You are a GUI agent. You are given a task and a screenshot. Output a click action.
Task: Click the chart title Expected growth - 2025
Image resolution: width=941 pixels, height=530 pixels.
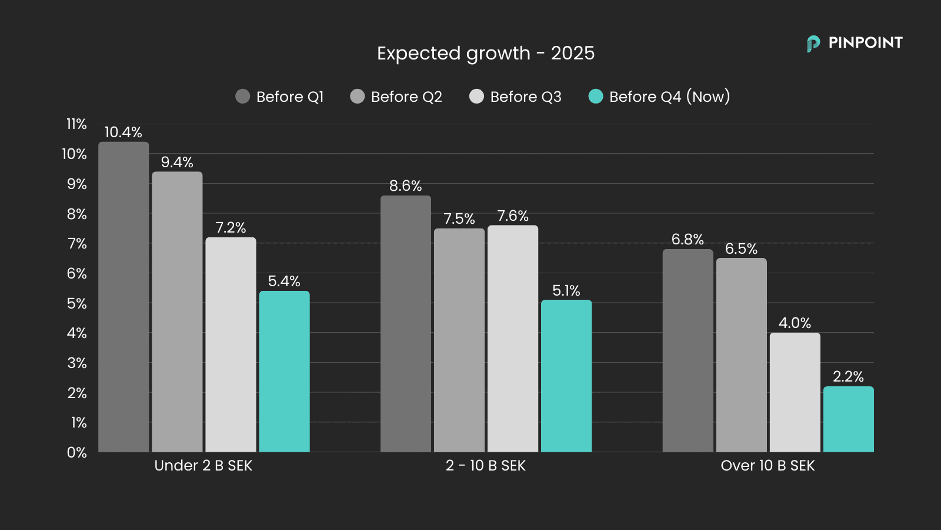486,53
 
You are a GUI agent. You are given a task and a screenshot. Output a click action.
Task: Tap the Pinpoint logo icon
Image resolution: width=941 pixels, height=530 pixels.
813,44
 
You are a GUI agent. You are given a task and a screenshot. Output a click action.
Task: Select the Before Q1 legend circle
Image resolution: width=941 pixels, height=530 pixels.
243,97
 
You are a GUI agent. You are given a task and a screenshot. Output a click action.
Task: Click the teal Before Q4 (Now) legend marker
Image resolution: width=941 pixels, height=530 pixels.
596,97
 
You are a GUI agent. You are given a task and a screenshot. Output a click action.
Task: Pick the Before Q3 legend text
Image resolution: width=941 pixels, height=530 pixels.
526,97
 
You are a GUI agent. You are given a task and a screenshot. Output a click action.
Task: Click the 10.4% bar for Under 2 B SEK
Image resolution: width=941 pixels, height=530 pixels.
124,297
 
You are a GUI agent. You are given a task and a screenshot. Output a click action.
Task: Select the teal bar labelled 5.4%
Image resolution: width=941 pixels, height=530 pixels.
284,372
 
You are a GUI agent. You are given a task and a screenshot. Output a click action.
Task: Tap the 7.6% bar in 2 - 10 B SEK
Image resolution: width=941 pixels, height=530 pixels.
513,339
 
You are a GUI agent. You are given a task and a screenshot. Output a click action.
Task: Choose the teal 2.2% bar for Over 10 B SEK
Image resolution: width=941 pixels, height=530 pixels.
848,419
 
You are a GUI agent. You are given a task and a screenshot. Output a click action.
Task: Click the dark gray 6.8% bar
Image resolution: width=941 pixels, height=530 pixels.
688,350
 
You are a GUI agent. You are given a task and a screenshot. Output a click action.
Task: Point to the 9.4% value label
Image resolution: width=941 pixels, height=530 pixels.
177,162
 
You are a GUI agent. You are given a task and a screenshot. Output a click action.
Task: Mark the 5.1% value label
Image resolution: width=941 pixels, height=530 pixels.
566,290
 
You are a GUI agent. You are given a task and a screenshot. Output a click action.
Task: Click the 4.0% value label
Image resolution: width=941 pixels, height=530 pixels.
795,323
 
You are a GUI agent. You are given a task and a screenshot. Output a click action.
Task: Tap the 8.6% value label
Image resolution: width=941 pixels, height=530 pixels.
405,185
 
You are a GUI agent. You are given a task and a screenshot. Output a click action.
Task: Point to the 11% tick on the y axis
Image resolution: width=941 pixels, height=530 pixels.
76,124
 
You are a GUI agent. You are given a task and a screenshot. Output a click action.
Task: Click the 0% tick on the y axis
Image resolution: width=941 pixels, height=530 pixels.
76,452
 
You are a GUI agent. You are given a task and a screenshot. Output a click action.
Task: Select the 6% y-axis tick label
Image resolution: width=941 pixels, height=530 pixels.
76,273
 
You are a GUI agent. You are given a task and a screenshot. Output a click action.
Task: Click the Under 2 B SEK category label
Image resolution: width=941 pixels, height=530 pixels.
203,466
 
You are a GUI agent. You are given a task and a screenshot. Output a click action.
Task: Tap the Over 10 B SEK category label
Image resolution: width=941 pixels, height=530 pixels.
768,466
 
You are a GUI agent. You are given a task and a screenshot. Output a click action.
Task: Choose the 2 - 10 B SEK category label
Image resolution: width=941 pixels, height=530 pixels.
486,466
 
